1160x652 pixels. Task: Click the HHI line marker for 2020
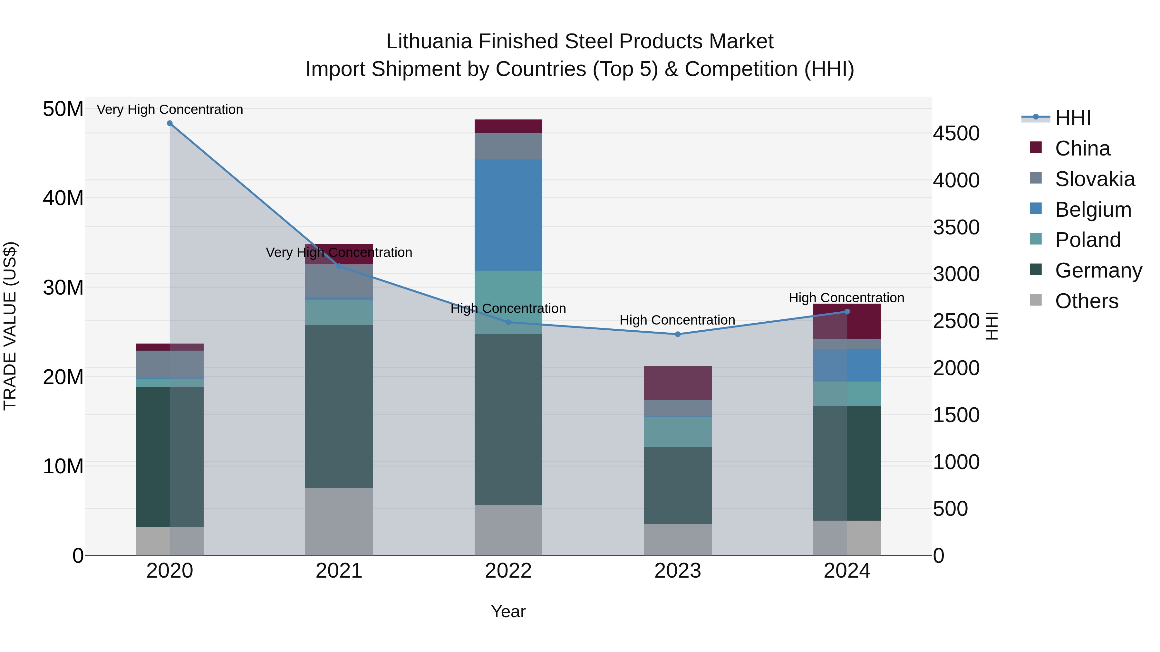coord(170,123)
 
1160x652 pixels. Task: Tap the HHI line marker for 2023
coord(678,334)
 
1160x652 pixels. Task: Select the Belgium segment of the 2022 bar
coord(508,215)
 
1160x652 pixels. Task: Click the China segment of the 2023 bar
coord(678,383)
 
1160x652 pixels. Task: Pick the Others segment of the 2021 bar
coord(339,522)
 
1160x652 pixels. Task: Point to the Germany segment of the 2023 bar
coord(678,486)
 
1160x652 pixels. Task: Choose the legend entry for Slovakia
coord(1095,179)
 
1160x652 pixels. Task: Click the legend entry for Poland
coord(1087,240)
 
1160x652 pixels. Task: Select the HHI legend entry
coord(1073,118)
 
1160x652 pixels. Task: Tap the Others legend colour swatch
coord(1036,300)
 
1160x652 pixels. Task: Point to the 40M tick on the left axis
coord(63,198)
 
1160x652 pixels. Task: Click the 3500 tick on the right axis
coord(956,227)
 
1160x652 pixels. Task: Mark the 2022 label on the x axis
coord(508,571)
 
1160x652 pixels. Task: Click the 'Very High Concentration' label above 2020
coord(170,109)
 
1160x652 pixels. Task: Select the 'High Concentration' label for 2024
coord(846,298)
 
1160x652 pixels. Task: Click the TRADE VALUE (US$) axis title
coord(10,326)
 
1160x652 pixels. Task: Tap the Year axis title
coord(508,611)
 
